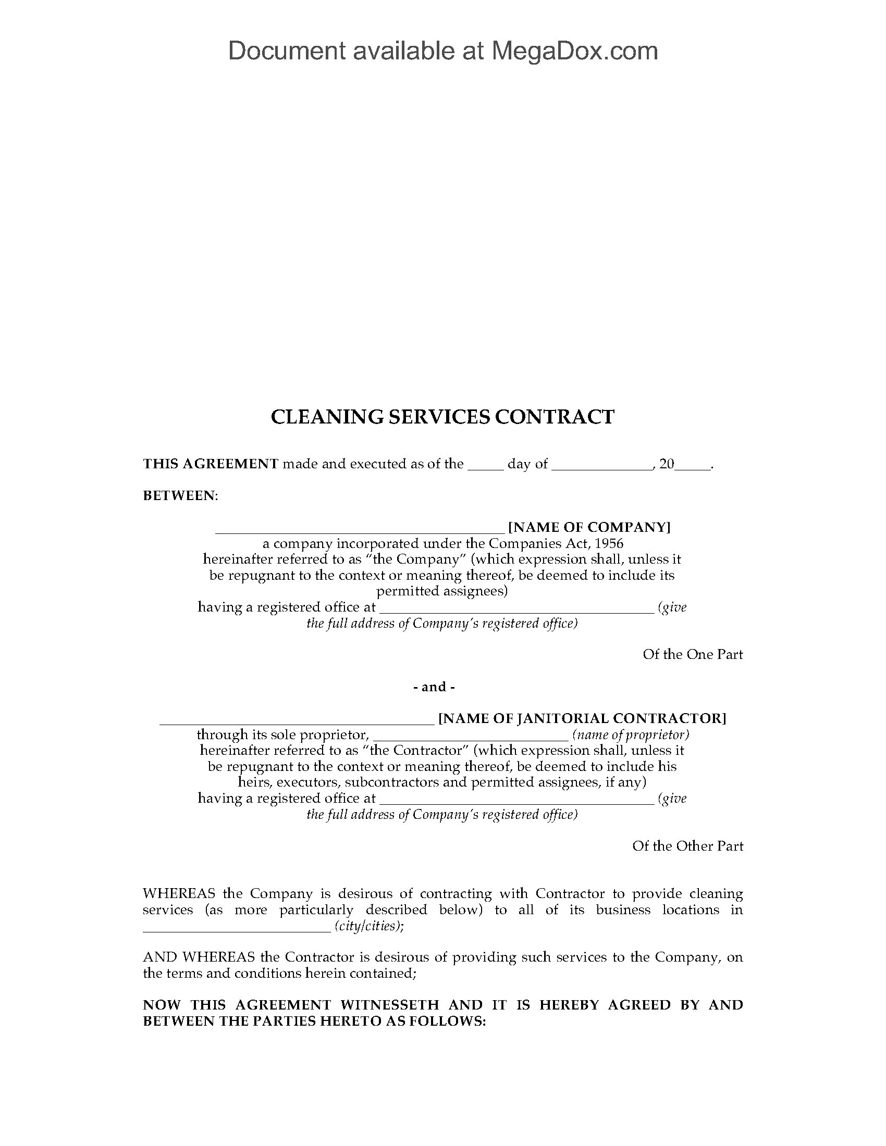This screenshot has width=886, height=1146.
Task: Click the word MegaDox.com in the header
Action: click(574, 52)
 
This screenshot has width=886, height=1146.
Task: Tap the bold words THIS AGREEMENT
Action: click(211, 464)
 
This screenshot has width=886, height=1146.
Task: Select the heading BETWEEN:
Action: click(180, 495)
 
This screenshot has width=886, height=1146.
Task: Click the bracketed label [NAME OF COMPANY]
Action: click(589, 527)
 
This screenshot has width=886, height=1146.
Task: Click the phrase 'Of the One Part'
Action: click(693, 654)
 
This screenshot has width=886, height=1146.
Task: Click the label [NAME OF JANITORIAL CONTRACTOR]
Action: click(582, 718)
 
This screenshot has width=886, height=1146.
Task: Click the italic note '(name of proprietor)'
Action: click(631, 734)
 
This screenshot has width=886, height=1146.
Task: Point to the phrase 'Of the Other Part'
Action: click(687, 846)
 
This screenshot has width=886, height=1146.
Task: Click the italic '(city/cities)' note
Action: click(368, 926)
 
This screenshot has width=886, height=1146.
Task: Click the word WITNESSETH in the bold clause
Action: click(389, 1005)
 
